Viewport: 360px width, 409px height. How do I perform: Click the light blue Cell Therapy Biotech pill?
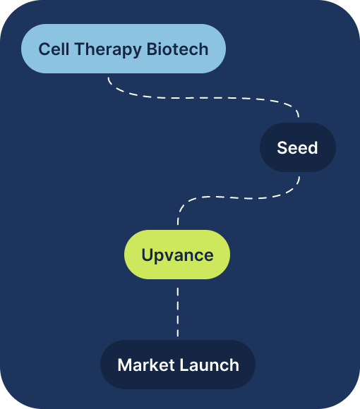click(124, 49)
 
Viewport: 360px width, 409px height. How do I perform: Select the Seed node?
click(298, 147)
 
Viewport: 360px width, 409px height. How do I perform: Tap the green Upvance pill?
click(177, 255)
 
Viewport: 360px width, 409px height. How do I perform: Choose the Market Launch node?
click(178, 365)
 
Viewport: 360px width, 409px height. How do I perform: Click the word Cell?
click(54, 49)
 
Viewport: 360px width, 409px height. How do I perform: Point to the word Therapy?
click(108, 49)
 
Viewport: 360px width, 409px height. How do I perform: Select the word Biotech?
click(177, 49)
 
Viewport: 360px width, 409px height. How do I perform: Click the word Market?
click(146, 365)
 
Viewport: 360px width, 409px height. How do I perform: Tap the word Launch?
click(210, 365)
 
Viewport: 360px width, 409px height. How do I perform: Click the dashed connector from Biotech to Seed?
click(203, 98)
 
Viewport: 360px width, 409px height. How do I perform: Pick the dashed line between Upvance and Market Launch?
click(178, 312)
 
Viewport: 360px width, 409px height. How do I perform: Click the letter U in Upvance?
click(148, 255)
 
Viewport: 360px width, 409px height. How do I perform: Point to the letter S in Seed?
click(282, 147)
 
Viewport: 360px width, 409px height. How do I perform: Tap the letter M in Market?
click(125, 365)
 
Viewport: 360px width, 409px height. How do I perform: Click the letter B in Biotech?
click(152, 49)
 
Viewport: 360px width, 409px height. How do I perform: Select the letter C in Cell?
click(44, 49)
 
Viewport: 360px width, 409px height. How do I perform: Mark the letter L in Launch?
click(184, 365)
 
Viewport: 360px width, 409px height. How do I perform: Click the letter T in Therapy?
click(80, 49)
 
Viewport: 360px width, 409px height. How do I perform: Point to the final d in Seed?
click(313, 147)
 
